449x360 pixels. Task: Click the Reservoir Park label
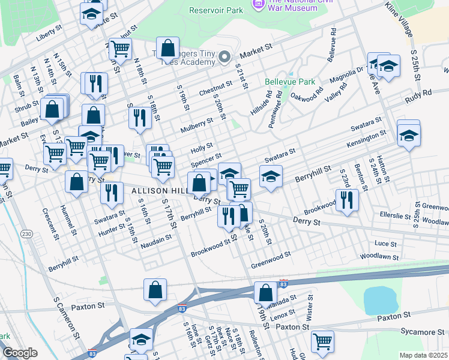(x=215, y=10)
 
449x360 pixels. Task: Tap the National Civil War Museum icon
(x=259, y=4)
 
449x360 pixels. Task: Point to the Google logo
(x=20, y=353)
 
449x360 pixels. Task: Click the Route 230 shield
(x=26, y=233)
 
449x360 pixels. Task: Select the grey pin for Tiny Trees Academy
(x=224, y=58)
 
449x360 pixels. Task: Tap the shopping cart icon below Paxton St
(x=322, y=341)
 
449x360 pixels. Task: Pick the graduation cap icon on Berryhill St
(x=271, y=177)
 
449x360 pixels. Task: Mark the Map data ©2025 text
(x=423, y=355)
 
